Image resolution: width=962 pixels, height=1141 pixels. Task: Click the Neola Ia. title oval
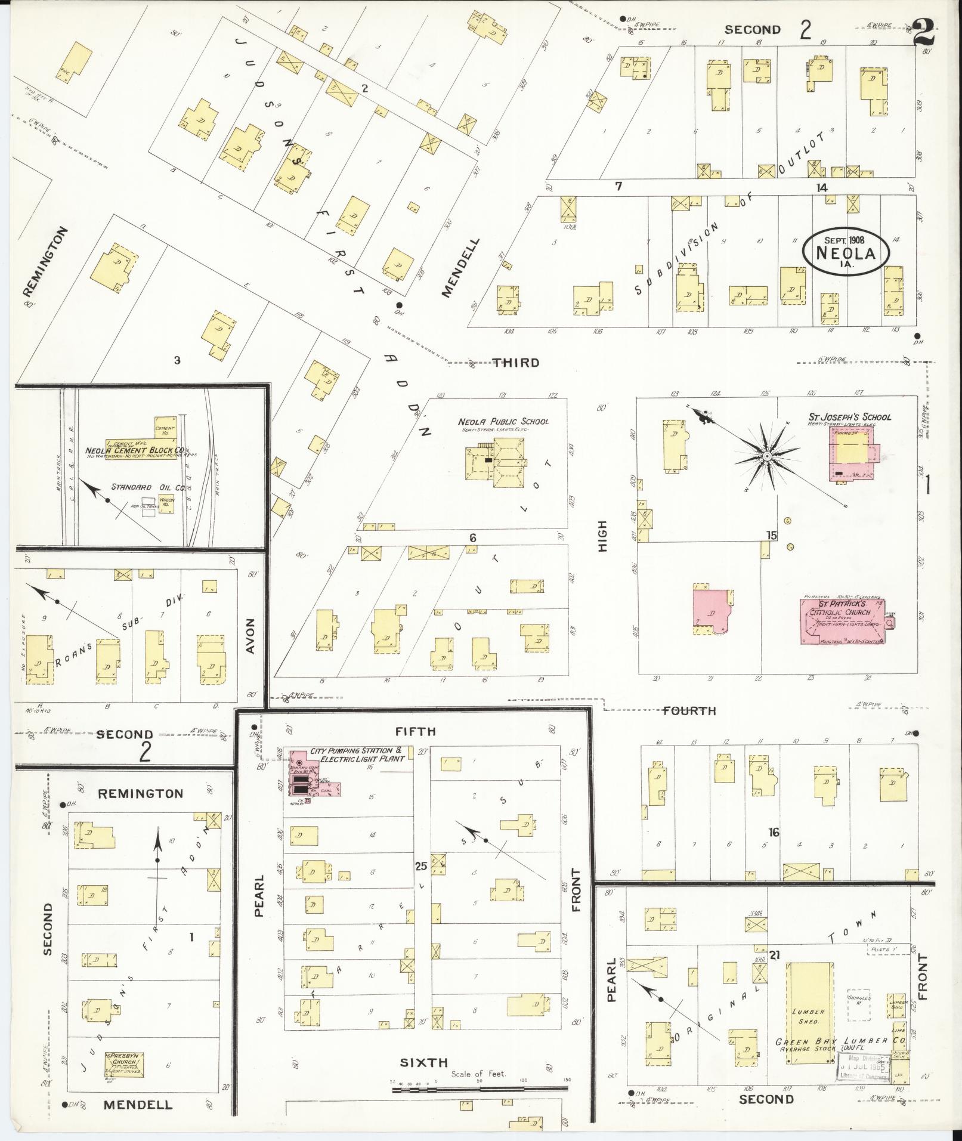[x=846, y=252]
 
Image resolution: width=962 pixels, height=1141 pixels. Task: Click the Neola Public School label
[x=503, y=421]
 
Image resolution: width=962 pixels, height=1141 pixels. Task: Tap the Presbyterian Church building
[x=124, y=1065]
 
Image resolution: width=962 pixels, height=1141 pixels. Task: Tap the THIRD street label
[x=516, y=362]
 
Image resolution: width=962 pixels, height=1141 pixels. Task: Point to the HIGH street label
[x=602, y=536]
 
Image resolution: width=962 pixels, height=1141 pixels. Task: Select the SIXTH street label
[x=423, y=1062]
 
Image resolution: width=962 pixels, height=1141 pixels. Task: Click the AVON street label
[x=250, y=636]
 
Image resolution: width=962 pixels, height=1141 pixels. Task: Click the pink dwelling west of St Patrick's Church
[x=714, y=610]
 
